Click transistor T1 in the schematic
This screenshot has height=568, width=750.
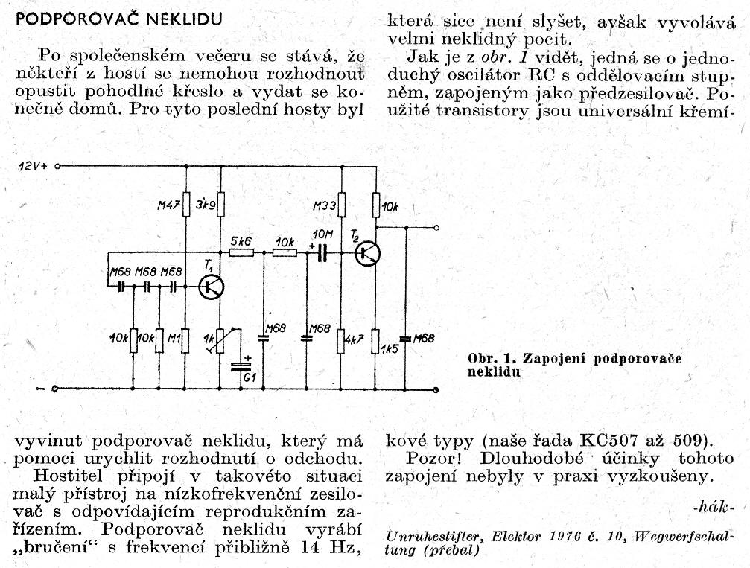pos(212,287)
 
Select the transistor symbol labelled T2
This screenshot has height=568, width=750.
pos(367,253)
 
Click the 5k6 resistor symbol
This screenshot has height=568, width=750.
pos(241,253)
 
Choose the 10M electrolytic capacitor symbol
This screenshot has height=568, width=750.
pos(322,253)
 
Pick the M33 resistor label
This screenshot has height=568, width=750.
pos(325,205)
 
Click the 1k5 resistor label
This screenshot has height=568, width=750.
pos(389,348)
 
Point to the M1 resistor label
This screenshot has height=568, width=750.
pos(174,339)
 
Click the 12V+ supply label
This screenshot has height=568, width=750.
pos(32,167)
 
